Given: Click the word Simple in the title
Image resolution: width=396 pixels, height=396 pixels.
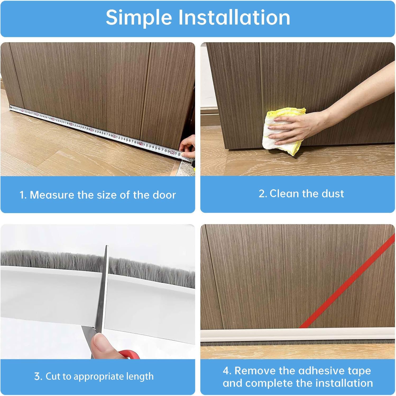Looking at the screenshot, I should pyautogui.click(x=139, y=18).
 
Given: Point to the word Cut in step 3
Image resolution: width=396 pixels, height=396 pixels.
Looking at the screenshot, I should pyautogui.click(x=53, y=376).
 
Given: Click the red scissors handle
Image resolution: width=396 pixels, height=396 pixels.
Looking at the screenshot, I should pyautogui.click(x=130, y=354).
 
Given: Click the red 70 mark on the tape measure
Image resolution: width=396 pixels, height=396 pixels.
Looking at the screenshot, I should pyautogui.click(x=141, y=144).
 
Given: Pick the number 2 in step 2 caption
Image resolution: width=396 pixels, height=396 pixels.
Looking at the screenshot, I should pyautogui.click(x=262, y=194).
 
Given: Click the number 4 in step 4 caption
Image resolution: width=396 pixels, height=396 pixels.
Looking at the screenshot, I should pyautogui.click(x=226, y=371).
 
